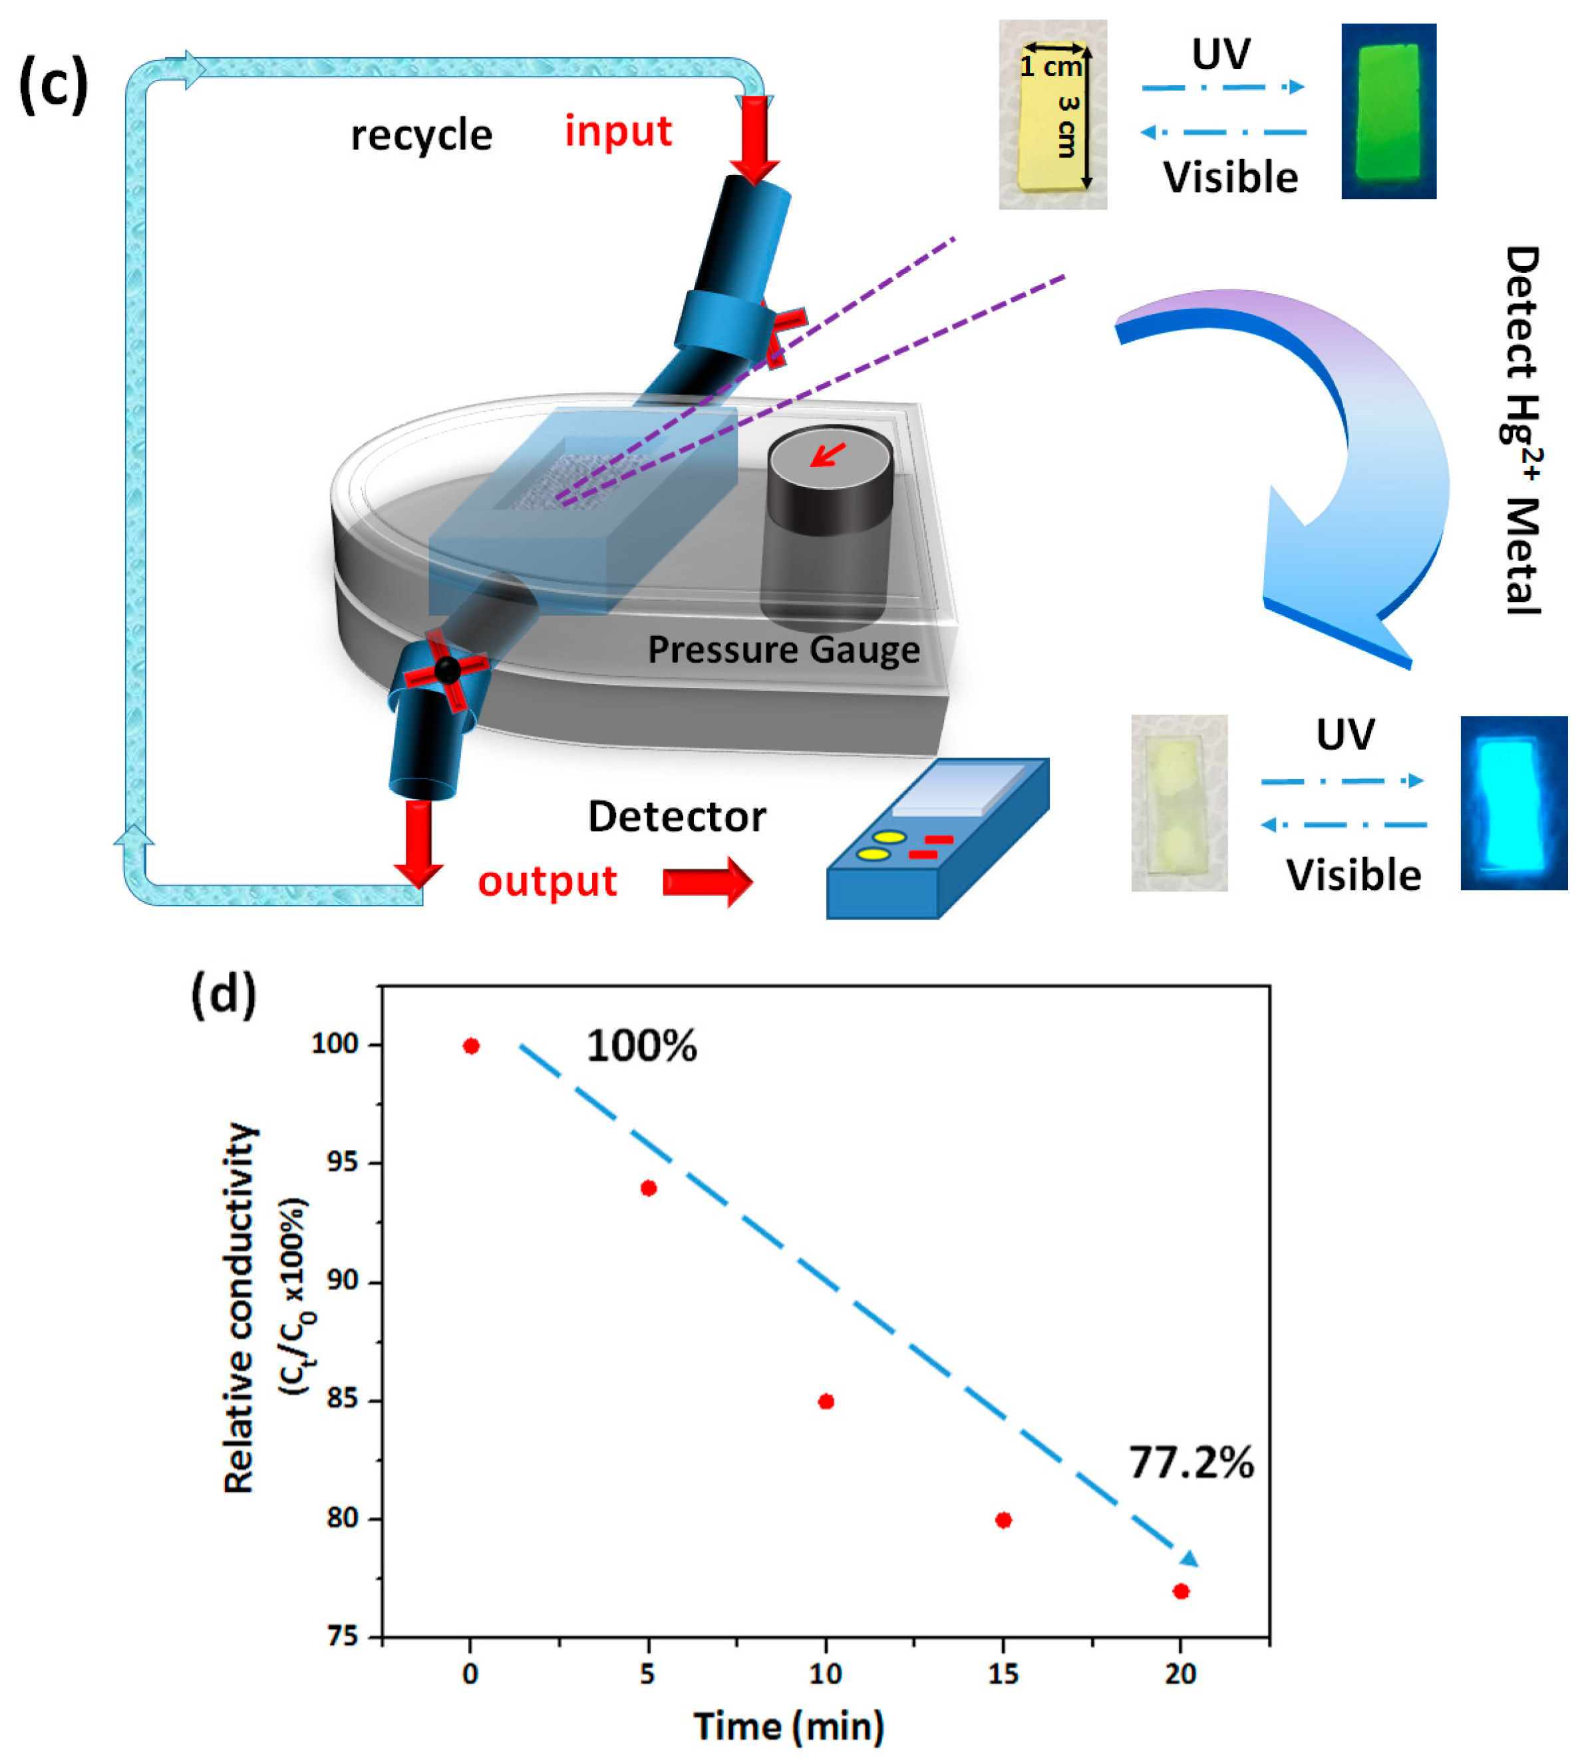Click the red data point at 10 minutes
(826, 1402)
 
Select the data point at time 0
(470, 1045)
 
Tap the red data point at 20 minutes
(1181, 1591)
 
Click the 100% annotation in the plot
(641, 1045)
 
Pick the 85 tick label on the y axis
(341, 1399)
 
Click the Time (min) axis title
(789, 1726)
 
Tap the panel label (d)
(224, 995)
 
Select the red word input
(617, 131)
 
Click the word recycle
(422, 136)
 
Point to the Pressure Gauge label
(784, 649)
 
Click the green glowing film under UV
(1388, 111)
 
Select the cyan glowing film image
(1513, 803)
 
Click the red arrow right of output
(707, 882)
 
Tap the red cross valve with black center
(447, 670)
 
